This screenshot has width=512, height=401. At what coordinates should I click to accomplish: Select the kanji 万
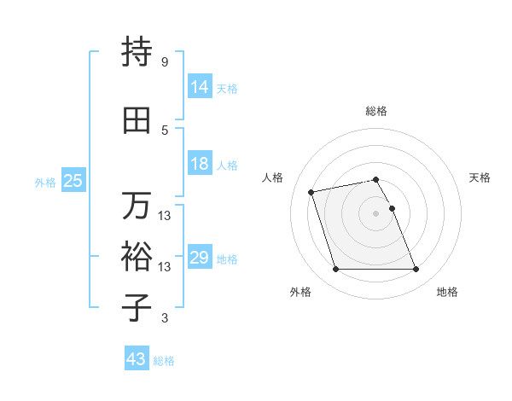[x=137, y=206]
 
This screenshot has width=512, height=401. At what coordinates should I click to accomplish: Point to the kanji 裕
[x=137, y=256]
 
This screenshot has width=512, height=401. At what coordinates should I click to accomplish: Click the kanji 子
[x=137, y=307]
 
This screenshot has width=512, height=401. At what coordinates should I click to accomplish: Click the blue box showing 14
[x=200, y=87]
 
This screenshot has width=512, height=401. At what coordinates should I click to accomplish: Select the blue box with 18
[x=200, y=164]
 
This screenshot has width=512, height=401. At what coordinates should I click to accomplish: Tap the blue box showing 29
[x=200, y=258]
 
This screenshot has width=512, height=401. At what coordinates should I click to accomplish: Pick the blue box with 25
[x=73, y=181]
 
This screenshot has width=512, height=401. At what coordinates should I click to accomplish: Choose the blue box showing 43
[x=137, y=359]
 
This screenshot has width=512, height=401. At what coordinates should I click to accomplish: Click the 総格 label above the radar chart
[x=376, y=111]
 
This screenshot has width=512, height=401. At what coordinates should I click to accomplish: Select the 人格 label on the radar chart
[x=273, y=177]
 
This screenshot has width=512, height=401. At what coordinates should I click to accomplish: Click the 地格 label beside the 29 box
[x=227, y=259]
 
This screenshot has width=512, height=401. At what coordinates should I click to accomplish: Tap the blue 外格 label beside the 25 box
[x=44, y=182]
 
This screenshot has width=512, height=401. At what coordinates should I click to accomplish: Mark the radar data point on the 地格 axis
[x=416, y=270]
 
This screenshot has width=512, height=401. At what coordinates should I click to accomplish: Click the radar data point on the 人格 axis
[x=311, y=191]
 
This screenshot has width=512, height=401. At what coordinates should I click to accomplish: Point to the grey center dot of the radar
[x=375, y=212]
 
